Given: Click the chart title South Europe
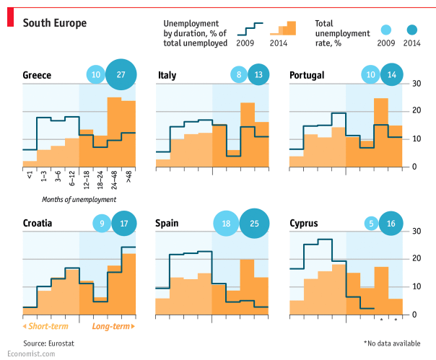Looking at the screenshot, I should coord(55,23).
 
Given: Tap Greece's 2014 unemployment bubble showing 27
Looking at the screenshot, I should coord(121,74).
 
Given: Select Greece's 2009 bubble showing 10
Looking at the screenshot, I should coord(95,74).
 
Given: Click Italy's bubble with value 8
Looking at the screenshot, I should coord(238,74).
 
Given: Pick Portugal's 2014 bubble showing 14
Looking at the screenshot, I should coord(391,74).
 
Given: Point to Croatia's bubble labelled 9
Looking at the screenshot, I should coord(102,223).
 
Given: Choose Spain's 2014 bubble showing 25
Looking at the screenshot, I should coord(254,223).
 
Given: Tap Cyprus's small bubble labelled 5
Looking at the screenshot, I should coord(371,223).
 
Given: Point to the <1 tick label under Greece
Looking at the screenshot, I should coord(30,175).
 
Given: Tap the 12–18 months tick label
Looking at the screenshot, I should coord(87,177).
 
